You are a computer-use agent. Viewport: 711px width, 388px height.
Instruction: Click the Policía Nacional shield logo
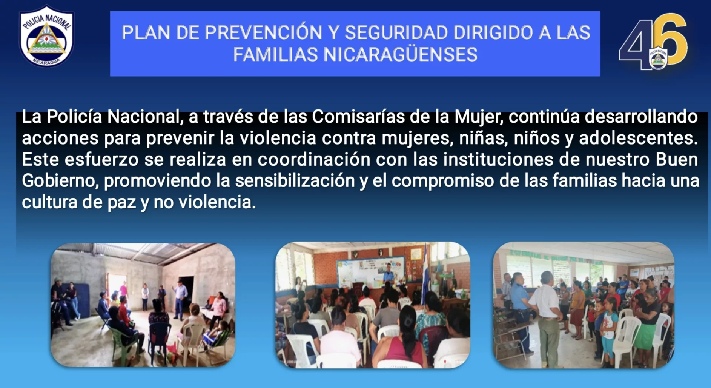click(x=46, y=36)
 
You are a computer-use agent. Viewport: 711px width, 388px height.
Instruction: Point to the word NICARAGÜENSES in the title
click(x=401, y=55)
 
